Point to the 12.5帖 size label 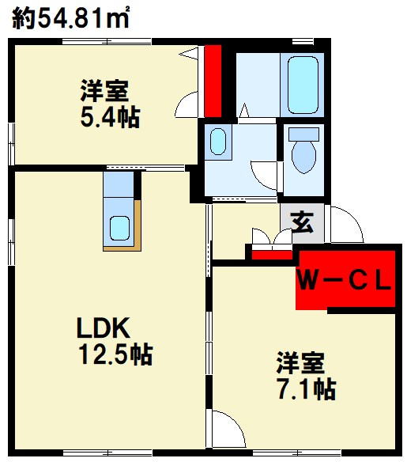(114, 354)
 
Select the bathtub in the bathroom (303, 85)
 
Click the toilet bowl (303, 152)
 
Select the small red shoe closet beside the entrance (271, 253)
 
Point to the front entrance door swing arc (345, 225)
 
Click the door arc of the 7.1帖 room (224, 430)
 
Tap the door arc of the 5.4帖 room (187, 103)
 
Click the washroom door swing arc (264, 172)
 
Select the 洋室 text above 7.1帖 (300, 364)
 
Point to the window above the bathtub (303, 40)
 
